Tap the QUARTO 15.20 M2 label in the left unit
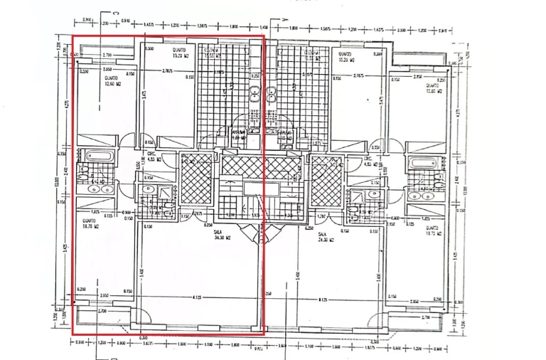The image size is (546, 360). [x=179, y=53]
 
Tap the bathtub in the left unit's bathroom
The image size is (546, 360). [x=95, y=155]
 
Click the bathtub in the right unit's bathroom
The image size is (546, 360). [x=422, y=163]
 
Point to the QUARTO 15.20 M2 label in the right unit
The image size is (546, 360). [x=346, y=56]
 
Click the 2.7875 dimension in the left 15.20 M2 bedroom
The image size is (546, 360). [x=168, y=70]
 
